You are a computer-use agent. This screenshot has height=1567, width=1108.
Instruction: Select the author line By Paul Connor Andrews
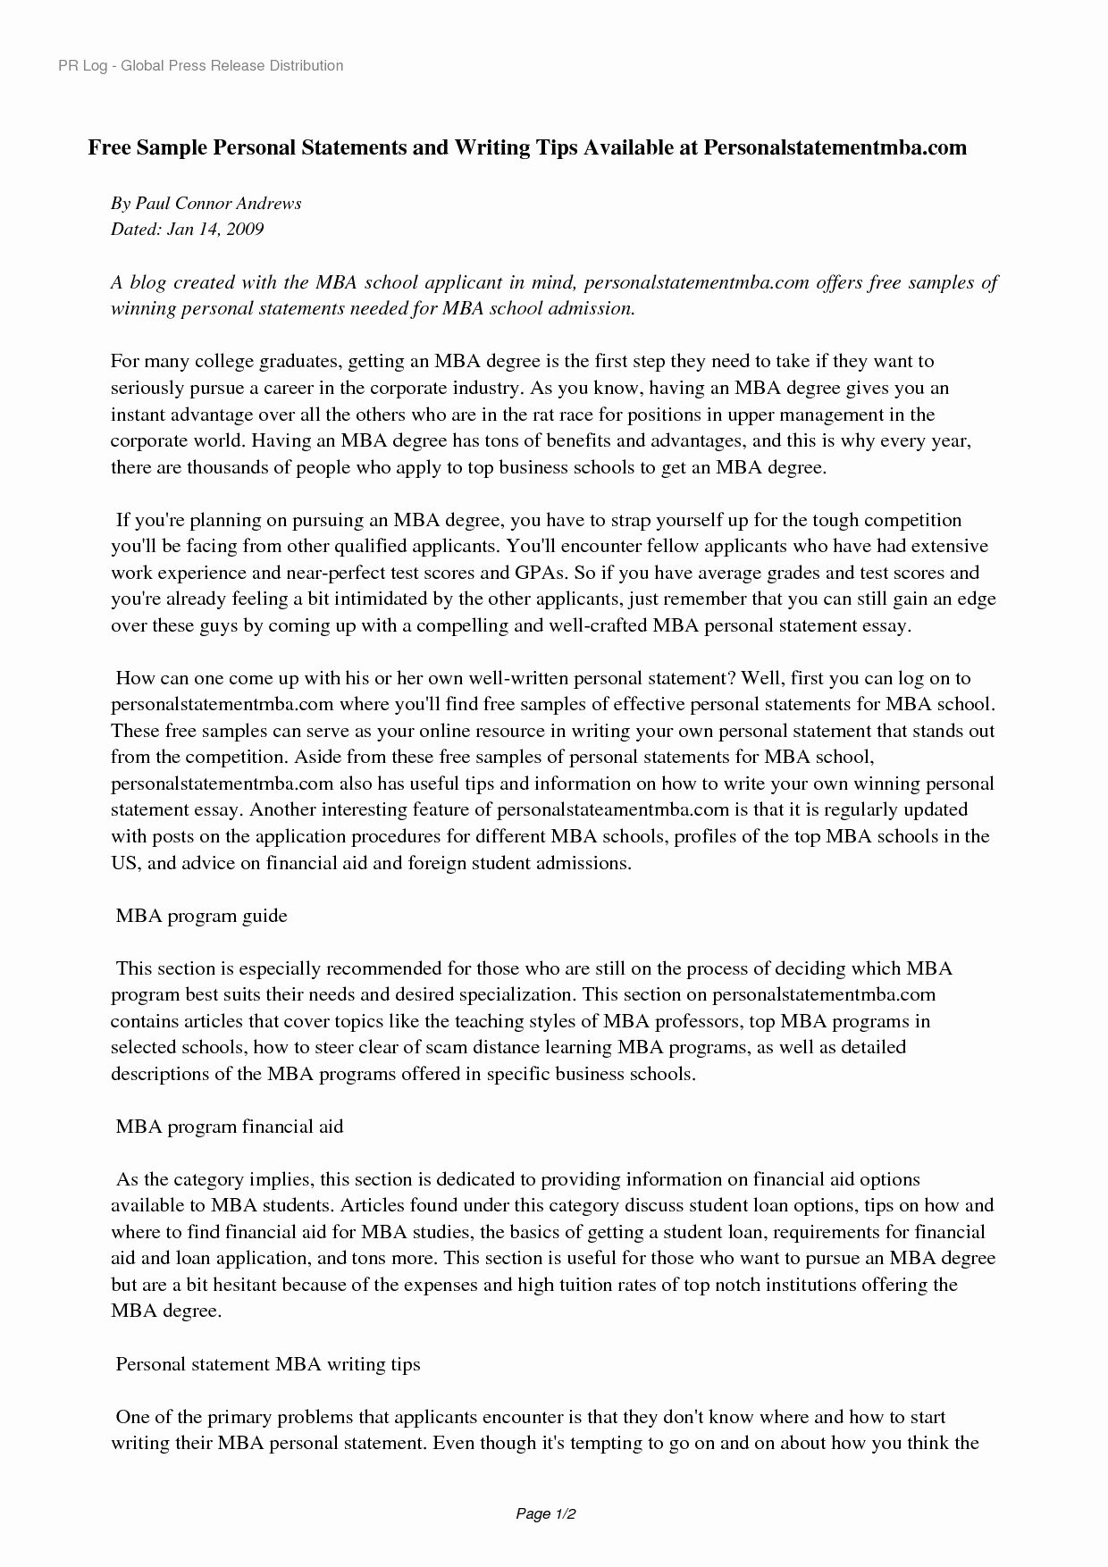pos(206,203)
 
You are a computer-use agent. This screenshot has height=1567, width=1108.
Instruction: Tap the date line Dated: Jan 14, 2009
pos(187,230)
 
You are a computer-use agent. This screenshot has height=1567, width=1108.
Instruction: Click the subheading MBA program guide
pos(202,916)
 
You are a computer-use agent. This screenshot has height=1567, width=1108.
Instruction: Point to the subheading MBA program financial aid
pos(230,1127)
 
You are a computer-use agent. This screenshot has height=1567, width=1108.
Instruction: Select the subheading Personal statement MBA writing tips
pos(268,1364)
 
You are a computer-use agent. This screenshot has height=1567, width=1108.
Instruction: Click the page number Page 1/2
pos(545,1514)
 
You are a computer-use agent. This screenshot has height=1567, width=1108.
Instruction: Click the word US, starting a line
pos(124,863)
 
